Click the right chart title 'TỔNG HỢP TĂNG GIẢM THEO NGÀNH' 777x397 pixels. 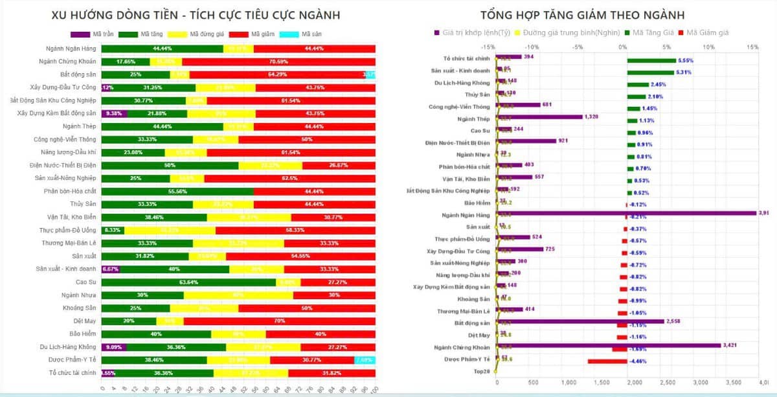(x=582, y=15)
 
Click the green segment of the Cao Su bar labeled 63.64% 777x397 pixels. (x=188, y=282)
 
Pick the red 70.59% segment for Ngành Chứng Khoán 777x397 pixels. (x=278, y=62)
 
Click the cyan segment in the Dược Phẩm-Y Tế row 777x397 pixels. (x=365, y=360)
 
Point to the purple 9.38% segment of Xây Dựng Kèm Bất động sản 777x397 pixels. (x=115, y=113)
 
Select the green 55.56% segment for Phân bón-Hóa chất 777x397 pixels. (x=177, y=191)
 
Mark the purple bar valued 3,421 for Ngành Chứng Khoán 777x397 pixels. (x=609, y=346)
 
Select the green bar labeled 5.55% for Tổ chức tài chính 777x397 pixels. (x=651, y=61)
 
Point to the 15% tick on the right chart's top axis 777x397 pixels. (x=752, y=47)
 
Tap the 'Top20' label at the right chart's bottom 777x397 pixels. (x=482, y=370)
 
